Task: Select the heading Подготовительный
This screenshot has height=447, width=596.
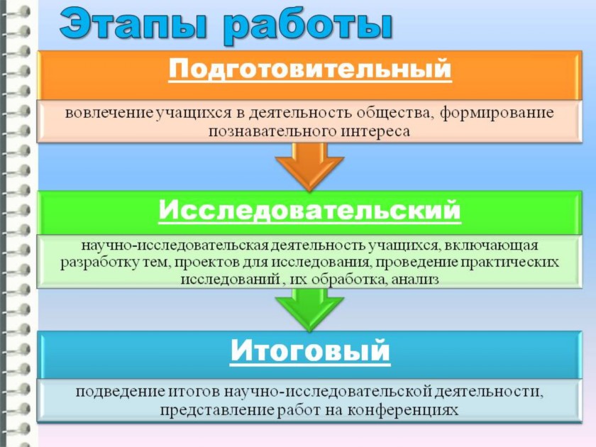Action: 310,70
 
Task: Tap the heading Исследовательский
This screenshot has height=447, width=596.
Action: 310,210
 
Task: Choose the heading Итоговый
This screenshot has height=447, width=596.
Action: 310,351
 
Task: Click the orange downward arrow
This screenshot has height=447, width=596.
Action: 310,166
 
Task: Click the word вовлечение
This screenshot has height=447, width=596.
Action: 109,113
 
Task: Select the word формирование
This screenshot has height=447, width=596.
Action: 497,113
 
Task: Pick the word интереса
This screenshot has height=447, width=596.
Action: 375,131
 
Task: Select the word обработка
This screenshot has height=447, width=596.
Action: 348,280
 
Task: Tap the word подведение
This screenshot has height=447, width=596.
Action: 120,392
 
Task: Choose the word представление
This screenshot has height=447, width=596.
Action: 216,411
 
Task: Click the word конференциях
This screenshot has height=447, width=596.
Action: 403,411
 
